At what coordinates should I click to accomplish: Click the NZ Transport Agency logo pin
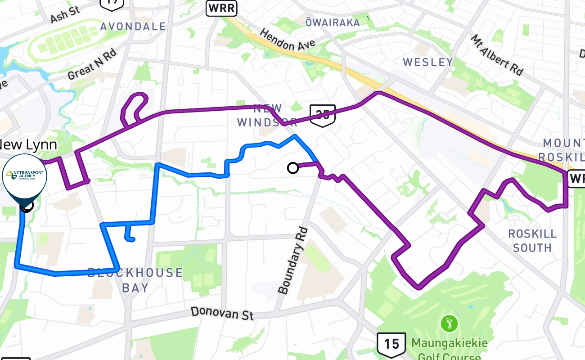click(x=25, y=176)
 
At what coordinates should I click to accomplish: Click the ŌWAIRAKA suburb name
click(x=333, y=22)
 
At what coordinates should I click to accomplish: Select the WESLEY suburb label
click(x=427, y=62)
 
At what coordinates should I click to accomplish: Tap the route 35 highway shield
click(x=323, y=115)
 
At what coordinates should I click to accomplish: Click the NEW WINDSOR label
click(x=267, y=115)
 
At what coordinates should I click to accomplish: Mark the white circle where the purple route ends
click(x=293, y=168)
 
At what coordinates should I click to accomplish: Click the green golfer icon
click(x=449, y=324)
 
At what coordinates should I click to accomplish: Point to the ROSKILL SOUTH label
click(x=532, y=241)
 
